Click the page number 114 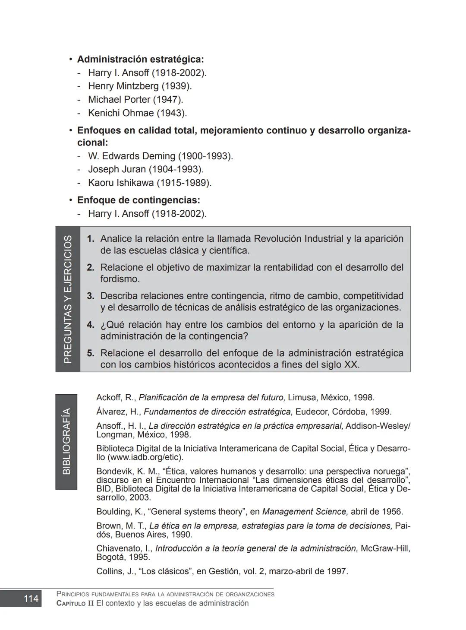[x=31, y=598]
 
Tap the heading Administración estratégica [x=140, y=59]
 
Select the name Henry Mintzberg [x=123, y=86]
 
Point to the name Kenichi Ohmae [x=120, y=113]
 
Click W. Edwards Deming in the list [x=132, y=156]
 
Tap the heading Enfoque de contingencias [x=138, y=200]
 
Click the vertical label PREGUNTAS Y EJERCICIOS [x=68, y=299]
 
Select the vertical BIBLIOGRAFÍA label [x=66, y=441]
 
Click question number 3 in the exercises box [x=91, y=296]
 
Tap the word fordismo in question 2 [x=120, y=279]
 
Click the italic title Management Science [x=305, y=512]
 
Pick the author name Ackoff [x=109, y=397]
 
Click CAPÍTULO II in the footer [x=75, y=603]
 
